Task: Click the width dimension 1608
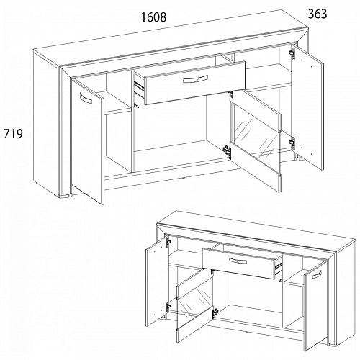153,17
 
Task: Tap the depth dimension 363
318,14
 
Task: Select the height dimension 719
13,134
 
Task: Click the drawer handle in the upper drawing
195,78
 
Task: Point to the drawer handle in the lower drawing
238,261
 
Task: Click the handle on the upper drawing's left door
86,98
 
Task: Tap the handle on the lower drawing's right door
317,274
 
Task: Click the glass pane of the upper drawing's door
257,138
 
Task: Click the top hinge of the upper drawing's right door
292,53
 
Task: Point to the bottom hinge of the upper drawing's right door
292,142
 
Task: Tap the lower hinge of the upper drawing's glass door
227,150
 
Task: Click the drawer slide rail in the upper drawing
139,86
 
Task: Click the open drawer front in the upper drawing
194,83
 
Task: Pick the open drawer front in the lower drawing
239,264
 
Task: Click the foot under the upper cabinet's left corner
66,196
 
